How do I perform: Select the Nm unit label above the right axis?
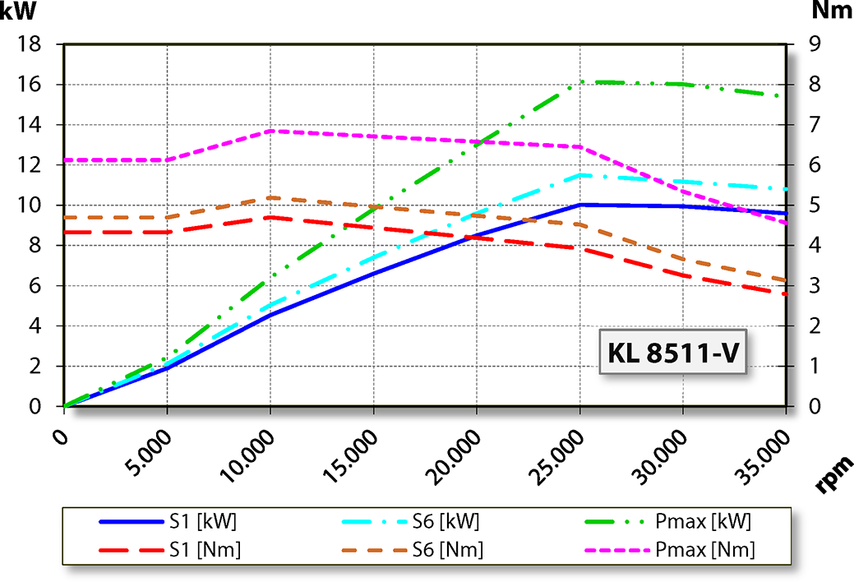tap(831, 12)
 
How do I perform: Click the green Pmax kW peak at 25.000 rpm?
tap(581, 82)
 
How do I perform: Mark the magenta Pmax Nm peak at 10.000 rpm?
tap(270, 132)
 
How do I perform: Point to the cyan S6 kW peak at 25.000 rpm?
tap(581, 175)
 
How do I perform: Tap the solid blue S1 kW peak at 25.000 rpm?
tap(581, 205)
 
